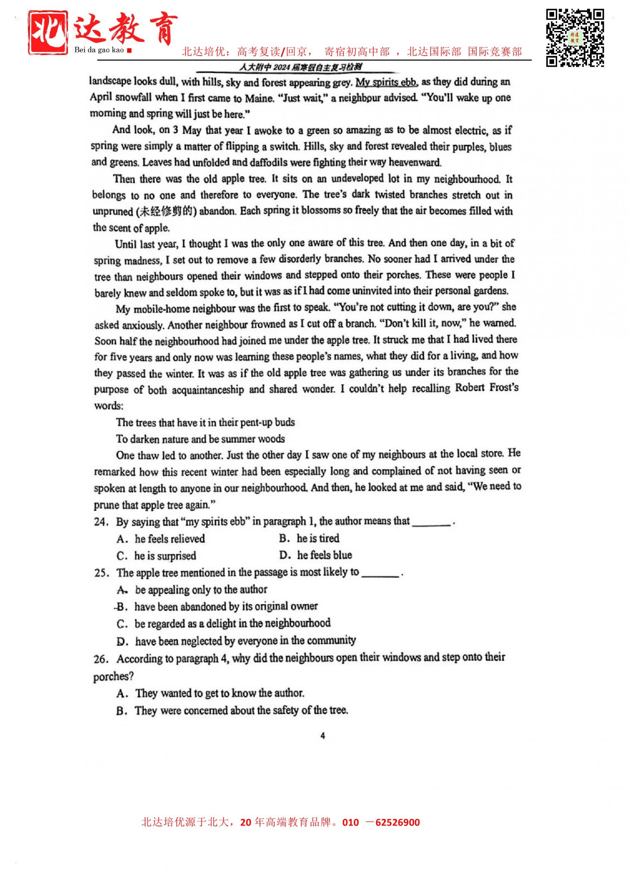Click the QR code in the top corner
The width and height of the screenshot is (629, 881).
click(575, 38)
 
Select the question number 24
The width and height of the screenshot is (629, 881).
click(101, 522)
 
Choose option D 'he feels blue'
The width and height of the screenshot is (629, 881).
click(315, 555)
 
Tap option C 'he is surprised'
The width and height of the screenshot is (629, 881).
click(156, 556)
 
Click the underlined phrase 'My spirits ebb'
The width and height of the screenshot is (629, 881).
click(386, 83)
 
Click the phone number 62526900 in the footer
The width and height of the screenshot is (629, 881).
click(398, 822)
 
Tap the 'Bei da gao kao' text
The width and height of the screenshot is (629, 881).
click(99, 50)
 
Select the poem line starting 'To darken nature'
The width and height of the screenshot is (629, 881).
click(200, 439)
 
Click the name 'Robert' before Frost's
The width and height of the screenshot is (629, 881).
click(469, 388)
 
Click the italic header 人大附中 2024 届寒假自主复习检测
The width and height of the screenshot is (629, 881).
click(301, 67)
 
